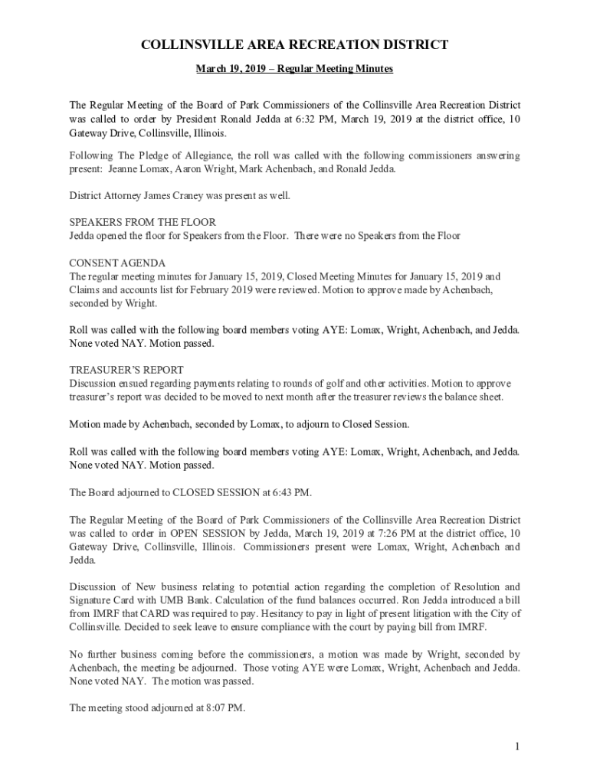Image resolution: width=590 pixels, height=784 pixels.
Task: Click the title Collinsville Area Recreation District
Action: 294,45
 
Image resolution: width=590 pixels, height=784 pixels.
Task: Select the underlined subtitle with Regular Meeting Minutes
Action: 294,69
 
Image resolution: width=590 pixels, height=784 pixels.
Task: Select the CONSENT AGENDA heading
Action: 117,263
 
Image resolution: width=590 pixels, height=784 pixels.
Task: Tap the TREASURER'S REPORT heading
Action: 126,369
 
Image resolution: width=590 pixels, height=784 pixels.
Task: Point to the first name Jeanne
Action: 123,168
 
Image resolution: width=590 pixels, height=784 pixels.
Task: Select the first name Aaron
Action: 189,168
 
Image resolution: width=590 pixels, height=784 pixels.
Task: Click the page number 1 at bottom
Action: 518,746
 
